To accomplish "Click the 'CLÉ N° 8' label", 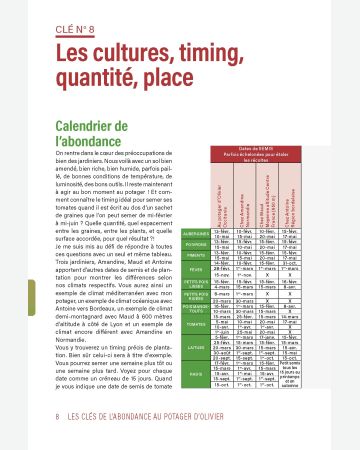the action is (84, 31).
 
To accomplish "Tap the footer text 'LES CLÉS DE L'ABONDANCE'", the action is (110, 414).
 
